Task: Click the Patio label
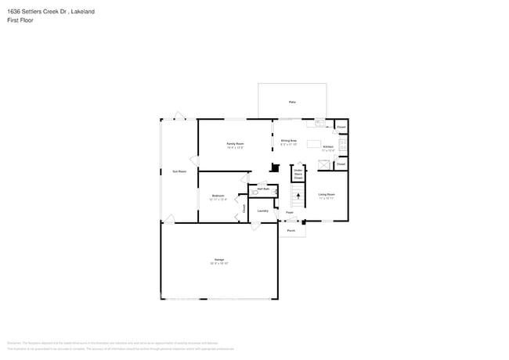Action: point(292,103)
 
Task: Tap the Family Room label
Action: point(235,144)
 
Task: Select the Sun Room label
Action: point(179,171)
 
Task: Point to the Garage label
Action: point(219,259)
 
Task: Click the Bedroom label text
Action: point(218,195)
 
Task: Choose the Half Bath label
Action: point(263,189)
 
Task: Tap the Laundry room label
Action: point(263,210)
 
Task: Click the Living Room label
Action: point(327,194)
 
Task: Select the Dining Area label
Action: point(289,140)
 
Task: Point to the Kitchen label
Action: point(328,146)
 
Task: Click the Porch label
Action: point(291,231)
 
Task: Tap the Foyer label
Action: point(289,212)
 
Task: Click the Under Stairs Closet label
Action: point(298,173)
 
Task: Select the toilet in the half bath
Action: point(253,191)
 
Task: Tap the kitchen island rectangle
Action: point(314,143)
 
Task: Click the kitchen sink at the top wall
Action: point(319,122)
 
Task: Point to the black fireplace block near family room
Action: point(274,167)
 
